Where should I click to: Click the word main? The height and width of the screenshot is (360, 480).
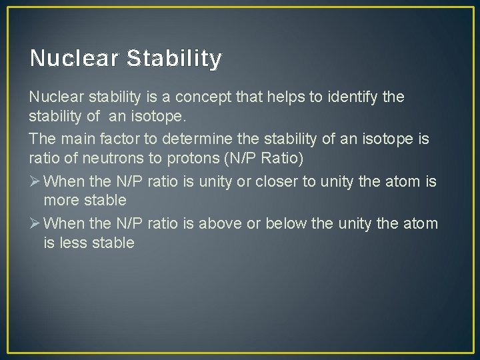click(x=73, y=139)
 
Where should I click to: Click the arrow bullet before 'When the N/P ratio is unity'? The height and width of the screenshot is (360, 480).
click(x=35, y=181)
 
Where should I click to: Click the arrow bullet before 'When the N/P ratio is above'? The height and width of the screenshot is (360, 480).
click(x=35, y=223)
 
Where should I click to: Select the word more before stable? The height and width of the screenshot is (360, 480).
click(x=59, y=201)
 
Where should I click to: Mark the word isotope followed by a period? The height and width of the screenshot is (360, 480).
click(x=143, y=118)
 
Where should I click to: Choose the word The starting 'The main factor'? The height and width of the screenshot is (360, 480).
click(x=42, y=139)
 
